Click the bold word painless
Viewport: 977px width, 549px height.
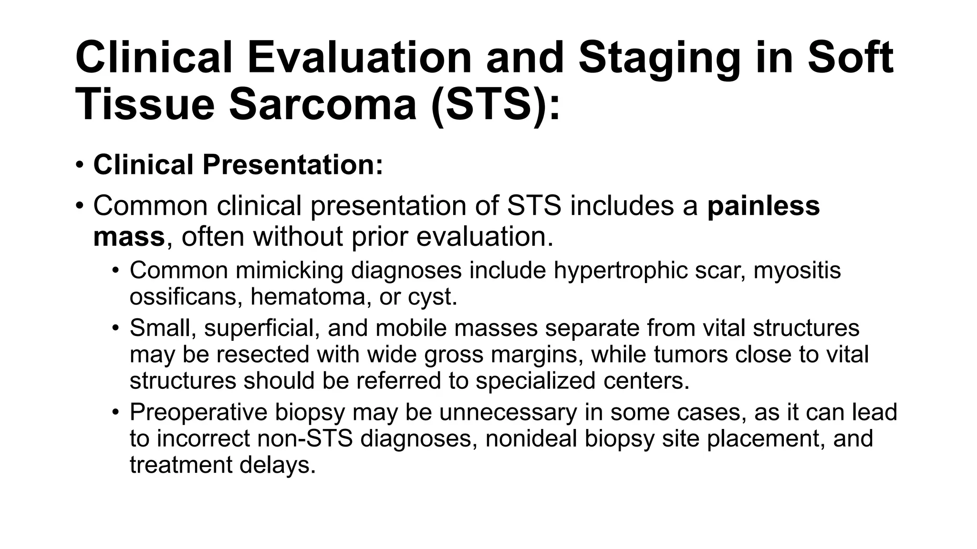tap(763, 206)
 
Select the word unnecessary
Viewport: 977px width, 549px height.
tap(508, 412)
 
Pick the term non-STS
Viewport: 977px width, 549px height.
tap(305, 438)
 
